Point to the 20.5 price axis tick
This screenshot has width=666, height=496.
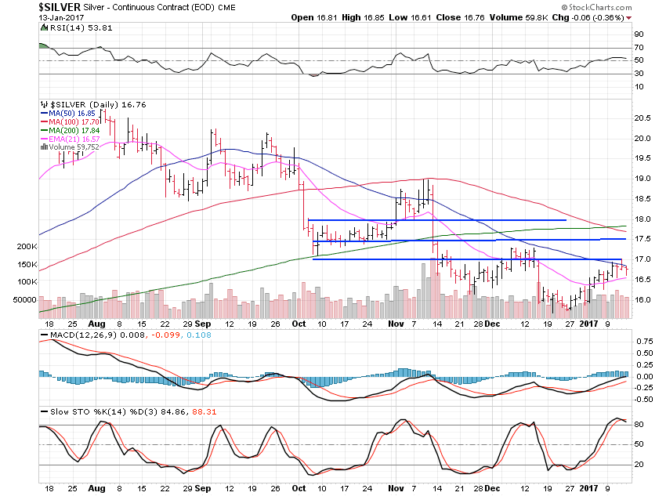point(643,118)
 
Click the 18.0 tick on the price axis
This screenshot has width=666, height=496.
point(643,219)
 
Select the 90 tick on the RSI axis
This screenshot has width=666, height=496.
point(639,34)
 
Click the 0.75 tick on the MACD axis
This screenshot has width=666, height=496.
point(643,341)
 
